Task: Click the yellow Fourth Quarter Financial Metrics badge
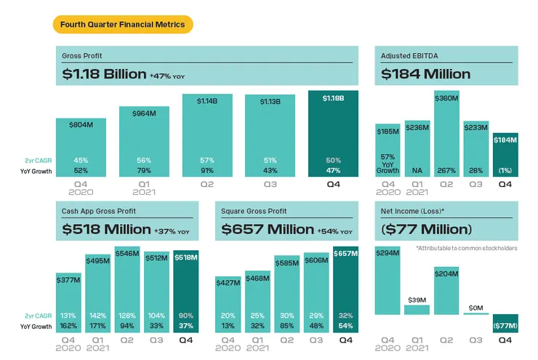click(123, 25)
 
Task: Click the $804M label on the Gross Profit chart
click(81, 125)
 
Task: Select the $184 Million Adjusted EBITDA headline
click(425, 74)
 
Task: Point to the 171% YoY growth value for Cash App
click(98, 327)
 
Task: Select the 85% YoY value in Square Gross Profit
click(286, 327)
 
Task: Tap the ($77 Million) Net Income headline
click(426, 229)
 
